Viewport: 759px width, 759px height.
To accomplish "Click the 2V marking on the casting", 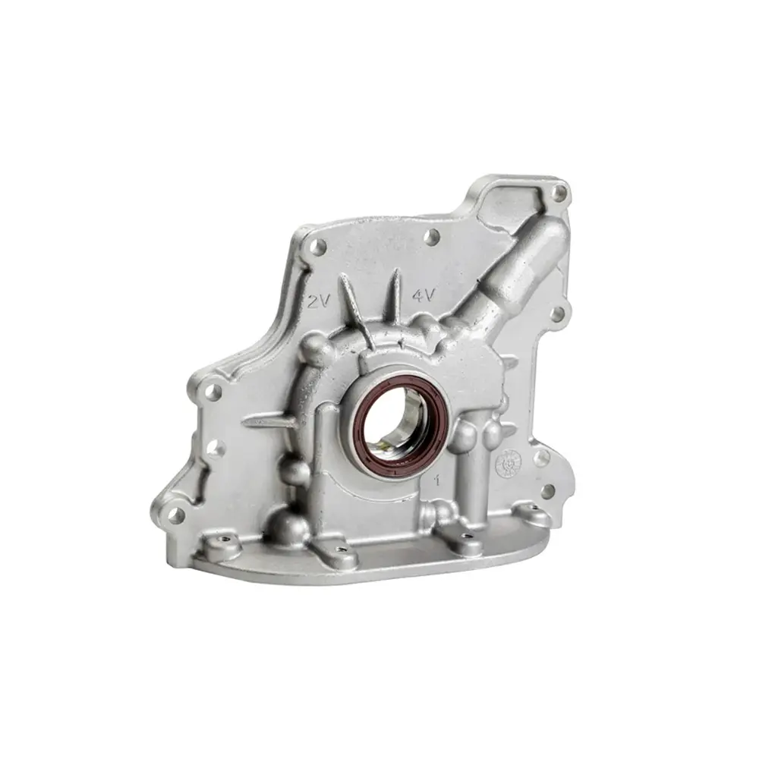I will click(x=319, y=301).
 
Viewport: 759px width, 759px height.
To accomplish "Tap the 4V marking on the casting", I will click(x=422, y=295).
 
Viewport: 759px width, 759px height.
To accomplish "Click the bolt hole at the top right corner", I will click(x=559, y=194).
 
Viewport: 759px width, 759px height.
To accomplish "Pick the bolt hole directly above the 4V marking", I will click(x=431, y=238).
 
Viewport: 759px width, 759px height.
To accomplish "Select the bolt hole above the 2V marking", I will click(x=319, y=247).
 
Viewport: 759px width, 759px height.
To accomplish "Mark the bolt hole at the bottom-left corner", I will click(x=175, y=515).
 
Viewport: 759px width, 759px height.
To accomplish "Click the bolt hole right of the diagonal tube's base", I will click(x=556, y=313).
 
